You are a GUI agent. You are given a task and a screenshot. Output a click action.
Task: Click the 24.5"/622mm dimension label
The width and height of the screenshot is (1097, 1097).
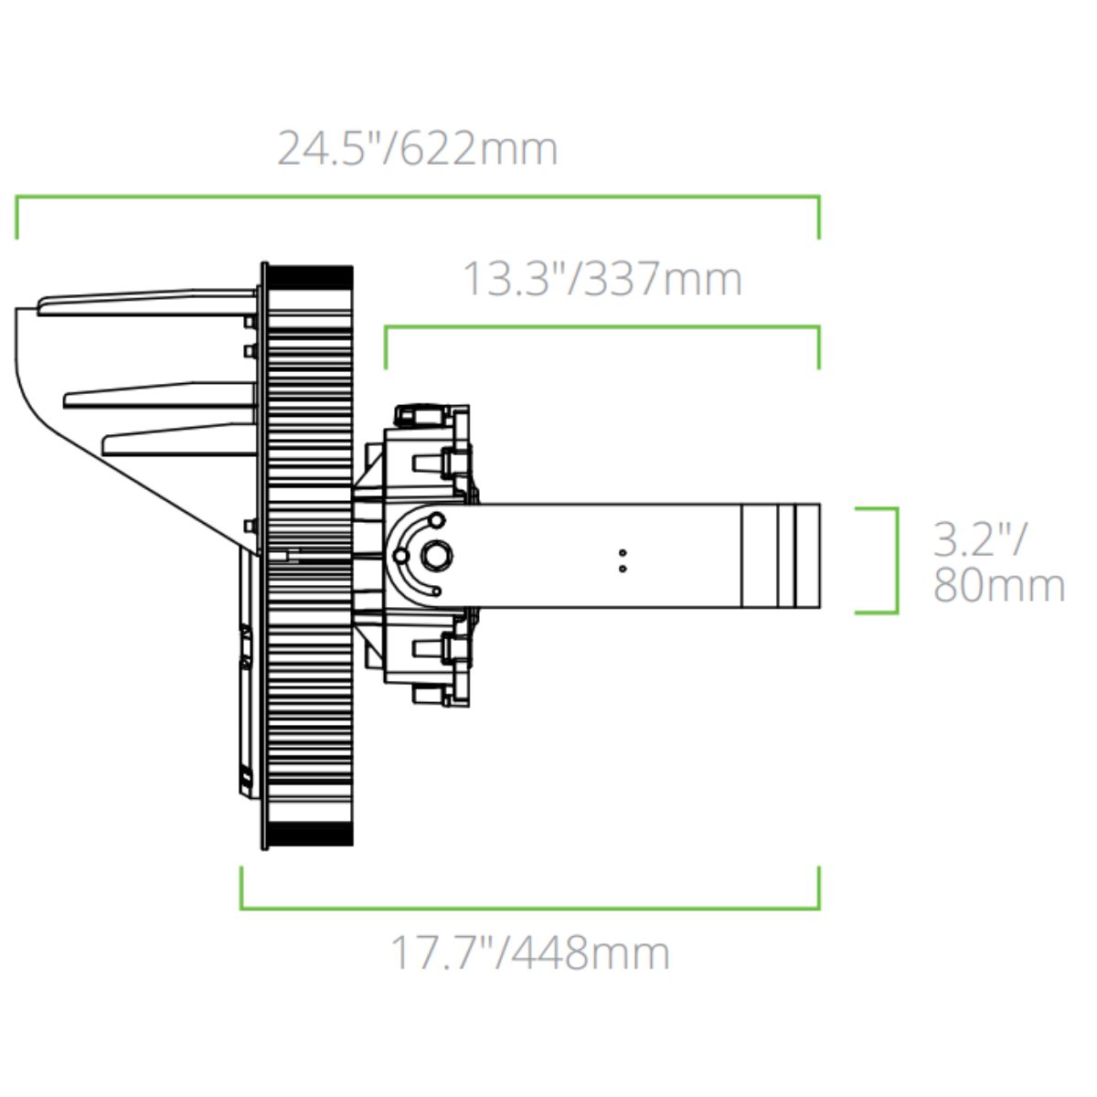click(x=417, y=149)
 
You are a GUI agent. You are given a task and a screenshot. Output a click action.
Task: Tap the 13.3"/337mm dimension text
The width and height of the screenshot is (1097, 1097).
click(x=602, y=279)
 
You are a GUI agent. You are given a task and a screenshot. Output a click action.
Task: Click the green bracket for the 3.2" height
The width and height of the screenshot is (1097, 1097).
click(x=897, y=560)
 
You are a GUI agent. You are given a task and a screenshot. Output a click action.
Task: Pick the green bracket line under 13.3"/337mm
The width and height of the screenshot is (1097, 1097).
click(x=602, y=327)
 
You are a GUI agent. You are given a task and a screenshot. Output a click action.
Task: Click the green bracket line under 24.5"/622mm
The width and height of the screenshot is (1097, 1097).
click(x=417, y=197)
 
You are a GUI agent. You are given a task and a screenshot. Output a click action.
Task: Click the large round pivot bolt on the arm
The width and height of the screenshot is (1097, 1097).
click(x=436, y=555)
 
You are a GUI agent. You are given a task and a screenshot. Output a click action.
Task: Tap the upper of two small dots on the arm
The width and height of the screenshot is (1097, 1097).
click(x=623, y=552)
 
